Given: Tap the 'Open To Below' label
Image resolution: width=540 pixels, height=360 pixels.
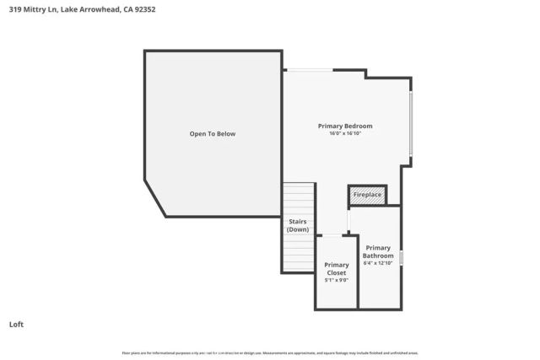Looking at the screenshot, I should click(x=212, y=133).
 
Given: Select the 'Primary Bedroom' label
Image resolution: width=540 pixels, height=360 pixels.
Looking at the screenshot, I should click(x=344, y=126).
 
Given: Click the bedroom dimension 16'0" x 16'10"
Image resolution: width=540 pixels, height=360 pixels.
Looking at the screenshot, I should click(x=344, y=133).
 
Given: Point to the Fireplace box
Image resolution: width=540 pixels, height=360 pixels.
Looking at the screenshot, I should click(x=367, y=195).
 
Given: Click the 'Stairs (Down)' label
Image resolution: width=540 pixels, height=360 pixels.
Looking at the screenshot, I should click(x=298, y=225).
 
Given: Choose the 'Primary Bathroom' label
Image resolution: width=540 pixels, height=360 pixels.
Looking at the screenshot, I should click(x=378, y=251).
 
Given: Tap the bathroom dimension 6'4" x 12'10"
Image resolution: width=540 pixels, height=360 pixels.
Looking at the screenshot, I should click(x=378, y=263).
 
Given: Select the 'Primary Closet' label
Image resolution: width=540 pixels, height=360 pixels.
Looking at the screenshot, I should click(x=337, y=269).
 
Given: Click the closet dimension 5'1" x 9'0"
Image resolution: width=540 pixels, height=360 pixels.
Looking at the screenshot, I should click(x=337, y=280).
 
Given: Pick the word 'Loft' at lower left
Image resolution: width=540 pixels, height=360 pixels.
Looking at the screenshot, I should click(x=16, y=324).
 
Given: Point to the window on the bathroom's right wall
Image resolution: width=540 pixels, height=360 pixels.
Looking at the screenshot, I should click(x=402, y=258).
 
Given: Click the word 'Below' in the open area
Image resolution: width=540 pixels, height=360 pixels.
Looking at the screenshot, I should click(x=224, y=133).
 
